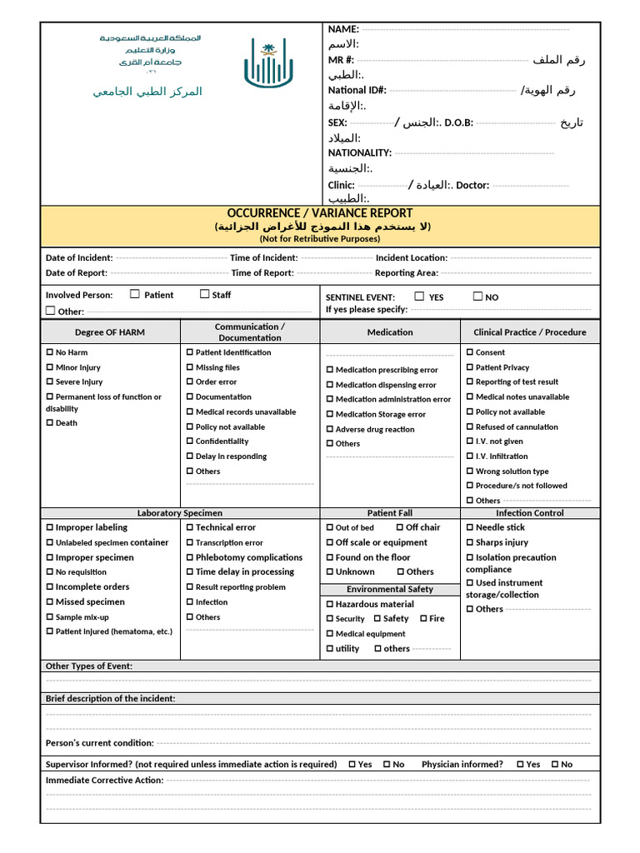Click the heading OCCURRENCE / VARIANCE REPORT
320,213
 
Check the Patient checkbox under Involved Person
135,294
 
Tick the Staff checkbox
204,294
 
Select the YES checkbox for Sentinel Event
419,297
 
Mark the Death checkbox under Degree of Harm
50,423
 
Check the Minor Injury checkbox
50,367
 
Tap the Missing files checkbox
190,367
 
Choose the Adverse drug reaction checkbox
330,429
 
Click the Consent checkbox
470,352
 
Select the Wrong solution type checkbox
470,471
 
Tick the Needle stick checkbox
470,527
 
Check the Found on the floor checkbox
330,557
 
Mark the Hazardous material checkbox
330,604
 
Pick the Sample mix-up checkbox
50,617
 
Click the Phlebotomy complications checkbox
190,557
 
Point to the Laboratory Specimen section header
180,513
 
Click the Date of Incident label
78,258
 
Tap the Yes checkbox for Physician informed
521,764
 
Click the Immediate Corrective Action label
104,781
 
